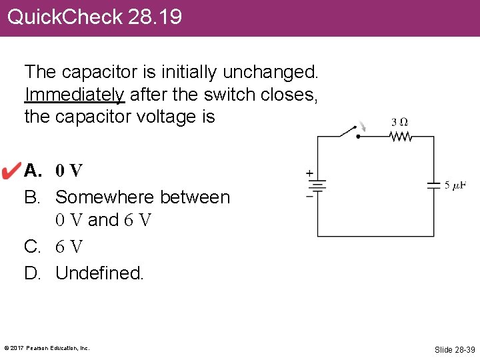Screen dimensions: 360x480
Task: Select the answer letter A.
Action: click(32, 171)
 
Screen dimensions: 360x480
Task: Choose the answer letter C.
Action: click(32, 247)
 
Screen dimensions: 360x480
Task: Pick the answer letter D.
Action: click(33, 273)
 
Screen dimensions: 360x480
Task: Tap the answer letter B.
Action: click(32, 197)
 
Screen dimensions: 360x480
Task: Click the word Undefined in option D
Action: click(99, 273)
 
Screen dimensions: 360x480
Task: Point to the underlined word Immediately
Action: click(74, 94)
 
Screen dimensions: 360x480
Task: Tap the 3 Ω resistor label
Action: click(399, 123)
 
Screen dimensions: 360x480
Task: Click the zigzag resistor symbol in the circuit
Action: click(401, 137)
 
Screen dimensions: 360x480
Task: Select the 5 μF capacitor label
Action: click(455, 185)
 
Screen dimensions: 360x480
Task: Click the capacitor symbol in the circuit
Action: click(433, 185)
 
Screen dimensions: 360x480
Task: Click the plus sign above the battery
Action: click(309, 173)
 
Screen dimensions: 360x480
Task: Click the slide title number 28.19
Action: click(155, 17)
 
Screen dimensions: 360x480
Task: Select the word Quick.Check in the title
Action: click(65, 17)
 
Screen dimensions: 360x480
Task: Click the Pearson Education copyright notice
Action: click(47, 348)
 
